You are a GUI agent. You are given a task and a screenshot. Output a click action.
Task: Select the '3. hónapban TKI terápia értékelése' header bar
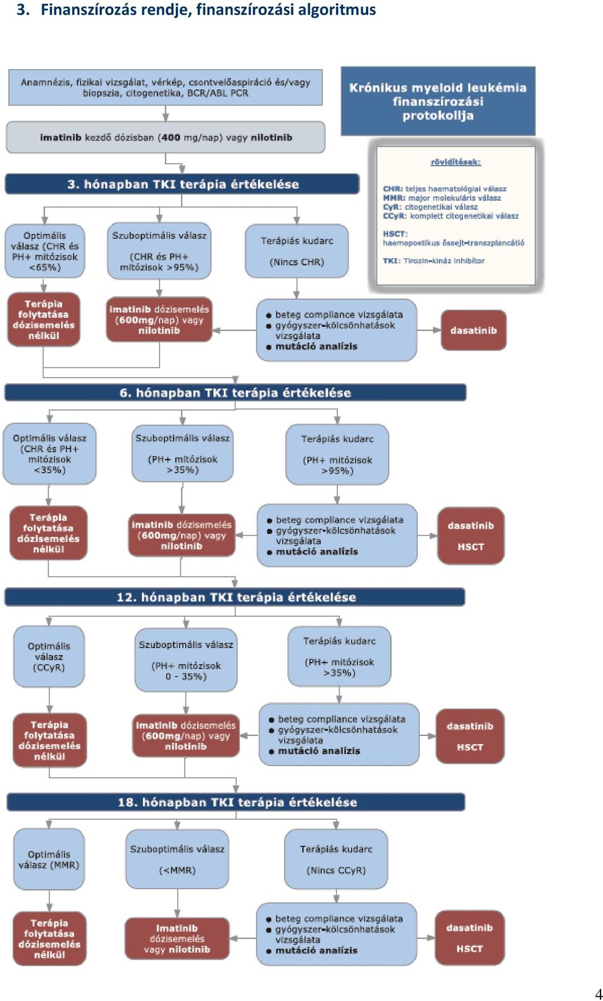(182, 184)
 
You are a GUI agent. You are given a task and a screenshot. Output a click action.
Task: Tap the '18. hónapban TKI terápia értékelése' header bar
(236, 802)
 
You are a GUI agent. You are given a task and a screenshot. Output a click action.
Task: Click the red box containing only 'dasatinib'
(474, 330)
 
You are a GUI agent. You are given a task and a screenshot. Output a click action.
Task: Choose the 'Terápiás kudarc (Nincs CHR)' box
(297, 251)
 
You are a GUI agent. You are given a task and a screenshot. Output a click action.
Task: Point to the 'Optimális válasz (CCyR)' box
(49, 656)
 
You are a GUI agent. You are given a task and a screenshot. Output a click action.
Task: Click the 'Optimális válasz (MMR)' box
(49, 860)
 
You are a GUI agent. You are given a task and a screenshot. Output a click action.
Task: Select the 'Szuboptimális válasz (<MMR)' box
(177, 859)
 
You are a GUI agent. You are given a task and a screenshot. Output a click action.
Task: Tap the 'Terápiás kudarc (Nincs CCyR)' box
(336, 859)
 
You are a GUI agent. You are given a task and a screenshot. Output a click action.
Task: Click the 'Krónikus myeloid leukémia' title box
(438, 101)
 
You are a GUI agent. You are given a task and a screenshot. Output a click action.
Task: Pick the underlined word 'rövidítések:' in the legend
(455, 162)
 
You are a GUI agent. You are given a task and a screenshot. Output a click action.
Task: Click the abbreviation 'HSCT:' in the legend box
(395, 234)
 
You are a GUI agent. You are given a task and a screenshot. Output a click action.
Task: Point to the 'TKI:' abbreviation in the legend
(391, 261)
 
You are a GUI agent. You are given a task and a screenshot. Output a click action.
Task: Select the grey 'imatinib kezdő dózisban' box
(165, 137)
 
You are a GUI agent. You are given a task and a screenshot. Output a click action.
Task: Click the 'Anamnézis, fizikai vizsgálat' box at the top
(165, 87)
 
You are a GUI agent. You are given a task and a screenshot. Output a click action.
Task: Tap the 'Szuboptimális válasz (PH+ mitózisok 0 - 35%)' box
(186, 660)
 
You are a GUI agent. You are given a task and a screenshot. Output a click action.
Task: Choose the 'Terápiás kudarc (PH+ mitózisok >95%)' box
(337, 455)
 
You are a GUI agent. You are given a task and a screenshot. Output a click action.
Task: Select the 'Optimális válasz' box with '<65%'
(45, 251)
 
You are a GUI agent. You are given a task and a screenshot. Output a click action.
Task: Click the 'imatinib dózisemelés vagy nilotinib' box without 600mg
(177, 938)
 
